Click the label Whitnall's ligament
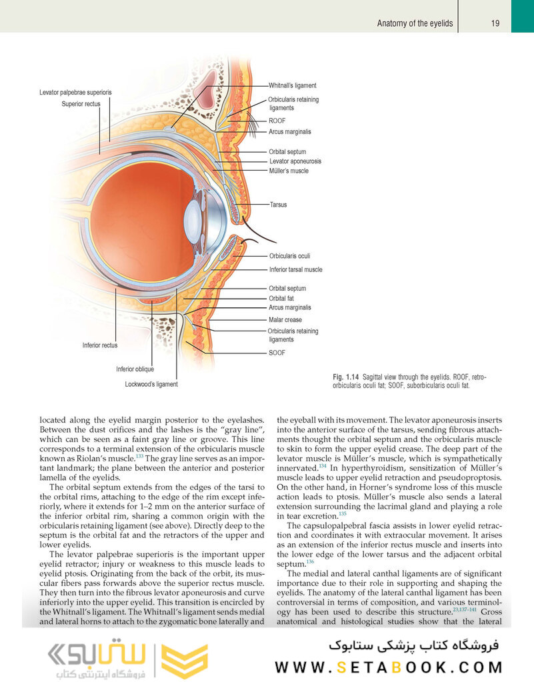tap(292, 86)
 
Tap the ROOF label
tap(277, 121)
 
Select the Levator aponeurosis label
tap(295, 161)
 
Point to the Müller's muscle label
tap(289, 171)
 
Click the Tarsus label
tap(278, 205)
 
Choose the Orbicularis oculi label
tap(289, 255)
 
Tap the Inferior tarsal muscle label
tap(295, 269)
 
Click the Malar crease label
tap(285, 320)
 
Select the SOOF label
tap(277, 353)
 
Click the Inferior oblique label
tap(135, 369)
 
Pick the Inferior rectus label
tap(100, 345)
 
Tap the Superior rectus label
tap(81, 104)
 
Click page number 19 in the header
tap(495, 23)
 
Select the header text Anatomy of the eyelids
tap(415, 23)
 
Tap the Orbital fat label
tap(281, 299)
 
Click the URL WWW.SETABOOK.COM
tap(389, 667)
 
